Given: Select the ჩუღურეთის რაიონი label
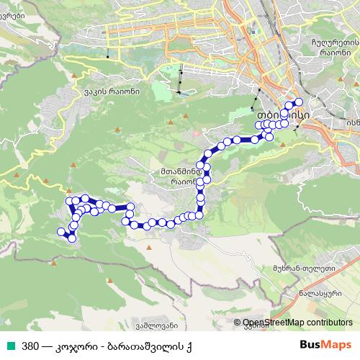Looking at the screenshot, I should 333,45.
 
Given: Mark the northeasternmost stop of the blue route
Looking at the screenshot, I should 299,102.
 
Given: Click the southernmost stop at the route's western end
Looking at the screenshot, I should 71,238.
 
